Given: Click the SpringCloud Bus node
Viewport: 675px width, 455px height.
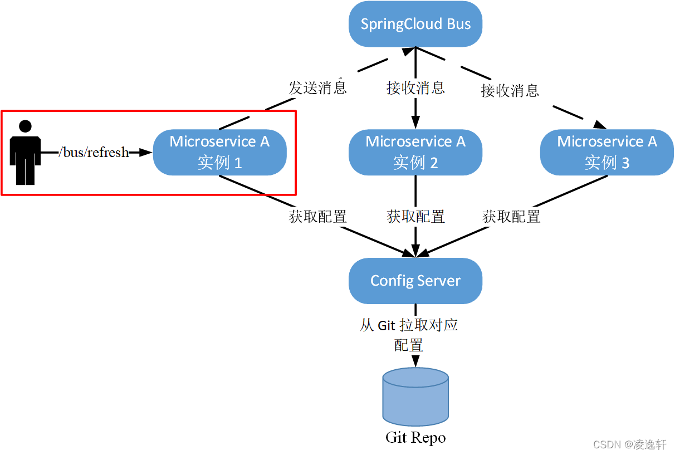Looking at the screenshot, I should (x=415, y=25).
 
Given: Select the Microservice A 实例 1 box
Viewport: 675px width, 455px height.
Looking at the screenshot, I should (x=219, y=152).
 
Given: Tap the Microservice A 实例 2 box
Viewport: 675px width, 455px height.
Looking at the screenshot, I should (x=415, y=152).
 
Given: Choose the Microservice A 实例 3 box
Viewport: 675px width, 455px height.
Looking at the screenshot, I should (x=606, y=152).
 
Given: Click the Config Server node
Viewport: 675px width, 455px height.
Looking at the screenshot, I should (x=415, y=281).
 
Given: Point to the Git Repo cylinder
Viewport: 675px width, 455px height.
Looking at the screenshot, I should (x=415, y=397).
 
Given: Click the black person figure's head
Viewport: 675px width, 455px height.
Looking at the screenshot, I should (x=25, y=127).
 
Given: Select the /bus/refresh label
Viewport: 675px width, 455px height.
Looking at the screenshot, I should (x=94, y=152).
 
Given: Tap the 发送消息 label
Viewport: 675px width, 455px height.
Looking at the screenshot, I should (x=317, y=87).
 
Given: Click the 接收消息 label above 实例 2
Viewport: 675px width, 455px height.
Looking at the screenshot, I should (x=415, y=87).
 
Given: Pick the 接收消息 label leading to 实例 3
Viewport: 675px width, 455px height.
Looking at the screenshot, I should (x=510, y=90).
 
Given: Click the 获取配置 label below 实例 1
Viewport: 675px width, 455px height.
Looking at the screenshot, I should (x=317, y=217).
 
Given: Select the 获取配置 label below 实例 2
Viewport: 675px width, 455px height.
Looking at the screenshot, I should (x=415, y=217).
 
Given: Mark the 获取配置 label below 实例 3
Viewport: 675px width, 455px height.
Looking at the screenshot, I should (x=511, y=217).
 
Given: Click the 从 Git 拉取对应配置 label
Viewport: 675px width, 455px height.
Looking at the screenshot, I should (x=409, y=335).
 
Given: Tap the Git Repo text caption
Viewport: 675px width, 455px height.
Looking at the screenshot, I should (x=415, y=438).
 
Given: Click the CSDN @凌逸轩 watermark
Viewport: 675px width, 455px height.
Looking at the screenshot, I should (x=629, y=444).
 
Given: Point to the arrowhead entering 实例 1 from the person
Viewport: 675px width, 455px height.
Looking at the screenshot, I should (x=146, y=152).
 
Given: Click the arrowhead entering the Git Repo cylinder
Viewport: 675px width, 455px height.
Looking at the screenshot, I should (x=415, y=361).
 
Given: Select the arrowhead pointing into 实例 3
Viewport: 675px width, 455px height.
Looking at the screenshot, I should (x=599, y=124).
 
